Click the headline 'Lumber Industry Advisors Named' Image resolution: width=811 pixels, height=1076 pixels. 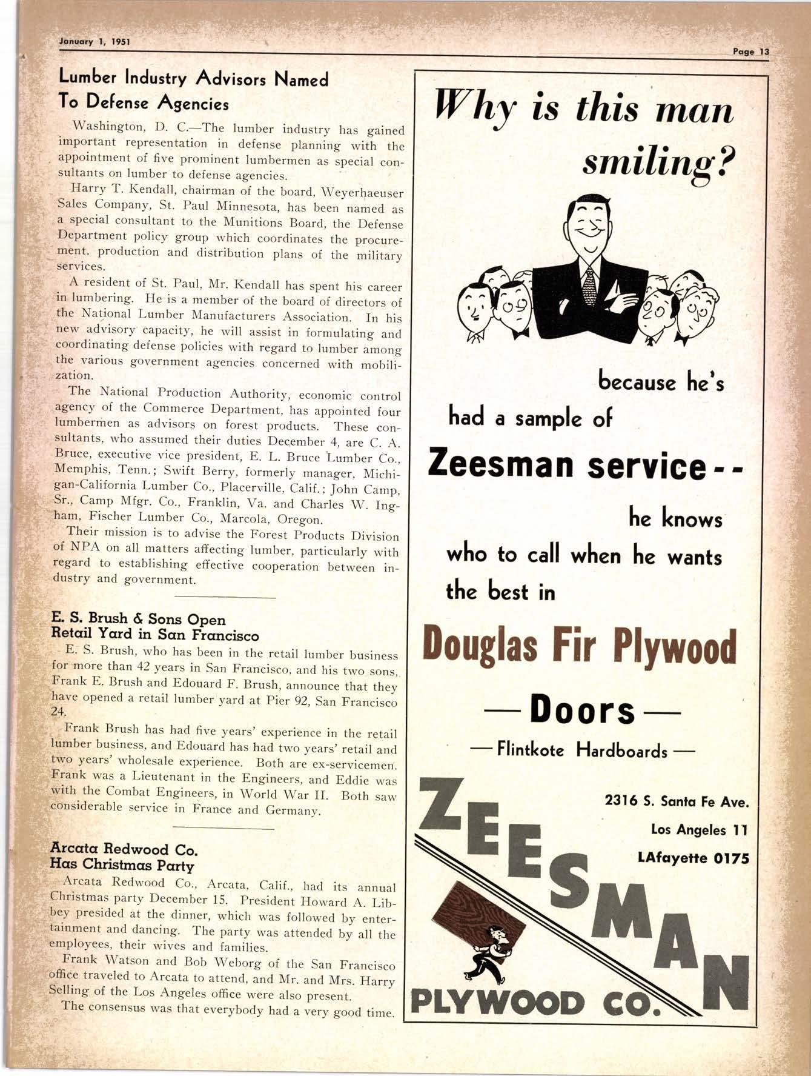coord(193,79)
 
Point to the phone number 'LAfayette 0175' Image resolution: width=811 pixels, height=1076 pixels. coord(693,858)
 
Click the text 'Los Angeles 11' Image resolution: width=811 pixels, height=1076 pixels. coord(699,829)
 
